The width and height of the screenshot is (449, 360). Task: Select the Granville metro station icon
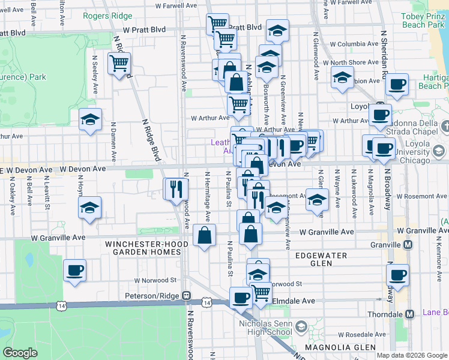click(x=408, y=245)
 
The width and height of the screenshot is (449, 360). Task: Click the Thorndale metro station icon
click(x=410, y=314)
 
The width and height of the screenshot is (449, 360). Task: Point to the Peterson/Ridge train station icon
click(x=187, y=296)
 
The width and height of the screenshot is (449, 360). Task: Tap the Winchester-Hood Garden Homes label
click(x=143, y=248)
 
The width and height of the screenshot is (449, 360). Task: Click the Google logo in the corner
click(x=20, y=353)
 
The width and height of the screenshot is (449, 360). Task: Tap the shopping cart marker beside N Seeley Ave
click(x=119, y=63)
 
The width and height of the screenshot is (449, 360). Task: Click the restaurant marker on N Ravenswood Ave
click(x=176, y=190)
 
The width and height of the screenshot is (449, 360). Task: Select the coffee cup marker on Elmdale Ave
click(x=241, y=297)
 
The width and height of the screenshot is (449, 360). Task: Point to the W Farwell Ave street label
click(x=176, y=5)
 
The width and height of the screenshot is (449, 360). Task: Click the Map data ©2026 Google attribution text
click(x=411, y=355)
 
